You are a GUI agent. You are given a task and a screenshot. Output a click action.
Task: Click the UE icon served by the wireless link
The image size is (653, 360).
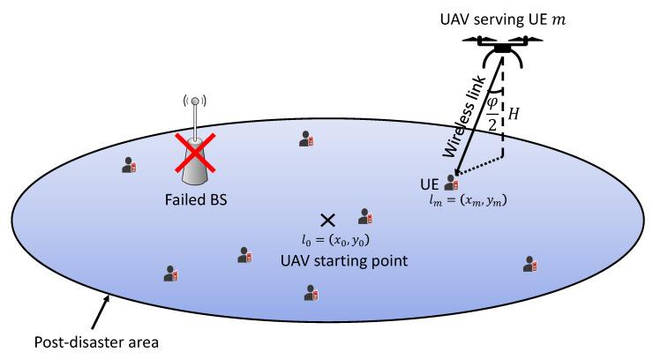[453, 183]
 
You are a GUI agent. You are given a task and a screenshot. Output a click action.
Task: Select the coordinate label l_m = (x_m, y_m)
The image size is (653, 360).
[468, 202]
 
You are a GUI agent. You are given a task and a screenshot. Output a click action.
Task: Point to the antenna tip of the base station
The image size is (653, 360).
[195, 101]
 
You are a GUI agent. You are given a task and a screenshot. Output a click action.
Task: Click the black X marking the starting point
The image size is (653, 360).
[328, 219]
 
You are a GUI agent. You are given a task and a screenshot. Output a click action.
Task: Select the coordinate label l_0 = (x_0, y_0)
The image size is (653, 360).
[329, 240]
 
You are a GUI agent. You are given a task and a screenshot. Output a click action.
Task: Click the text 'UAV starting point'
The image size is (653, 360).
[328, 261]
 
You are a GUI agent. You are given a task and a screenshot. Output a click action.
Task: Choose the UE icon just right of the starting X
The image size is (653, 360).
[364, 216]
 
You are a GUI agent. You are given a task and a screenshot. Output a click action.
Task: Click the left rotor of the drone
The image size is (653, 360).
[468, 41]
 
